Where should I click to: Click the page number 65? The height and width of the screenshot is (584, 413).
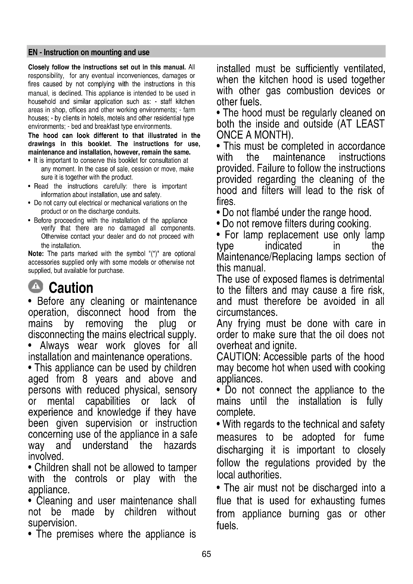(206, 554)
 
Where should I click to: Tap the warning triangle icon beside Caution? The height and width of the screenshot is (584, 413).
(36, 286)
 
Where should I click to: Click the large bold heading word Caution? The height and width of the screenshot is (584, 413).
(71, 288)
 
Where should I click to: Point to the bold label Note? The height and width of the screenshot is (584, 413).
(36, 254)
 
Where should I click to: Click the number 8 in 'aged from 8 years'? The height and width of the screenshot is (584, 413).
(85, 379)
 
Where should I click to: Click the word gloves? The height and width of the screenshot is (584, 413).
(147, 346)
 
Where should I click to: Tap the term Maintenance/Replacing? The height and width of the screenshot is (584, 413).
(264, 257)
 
